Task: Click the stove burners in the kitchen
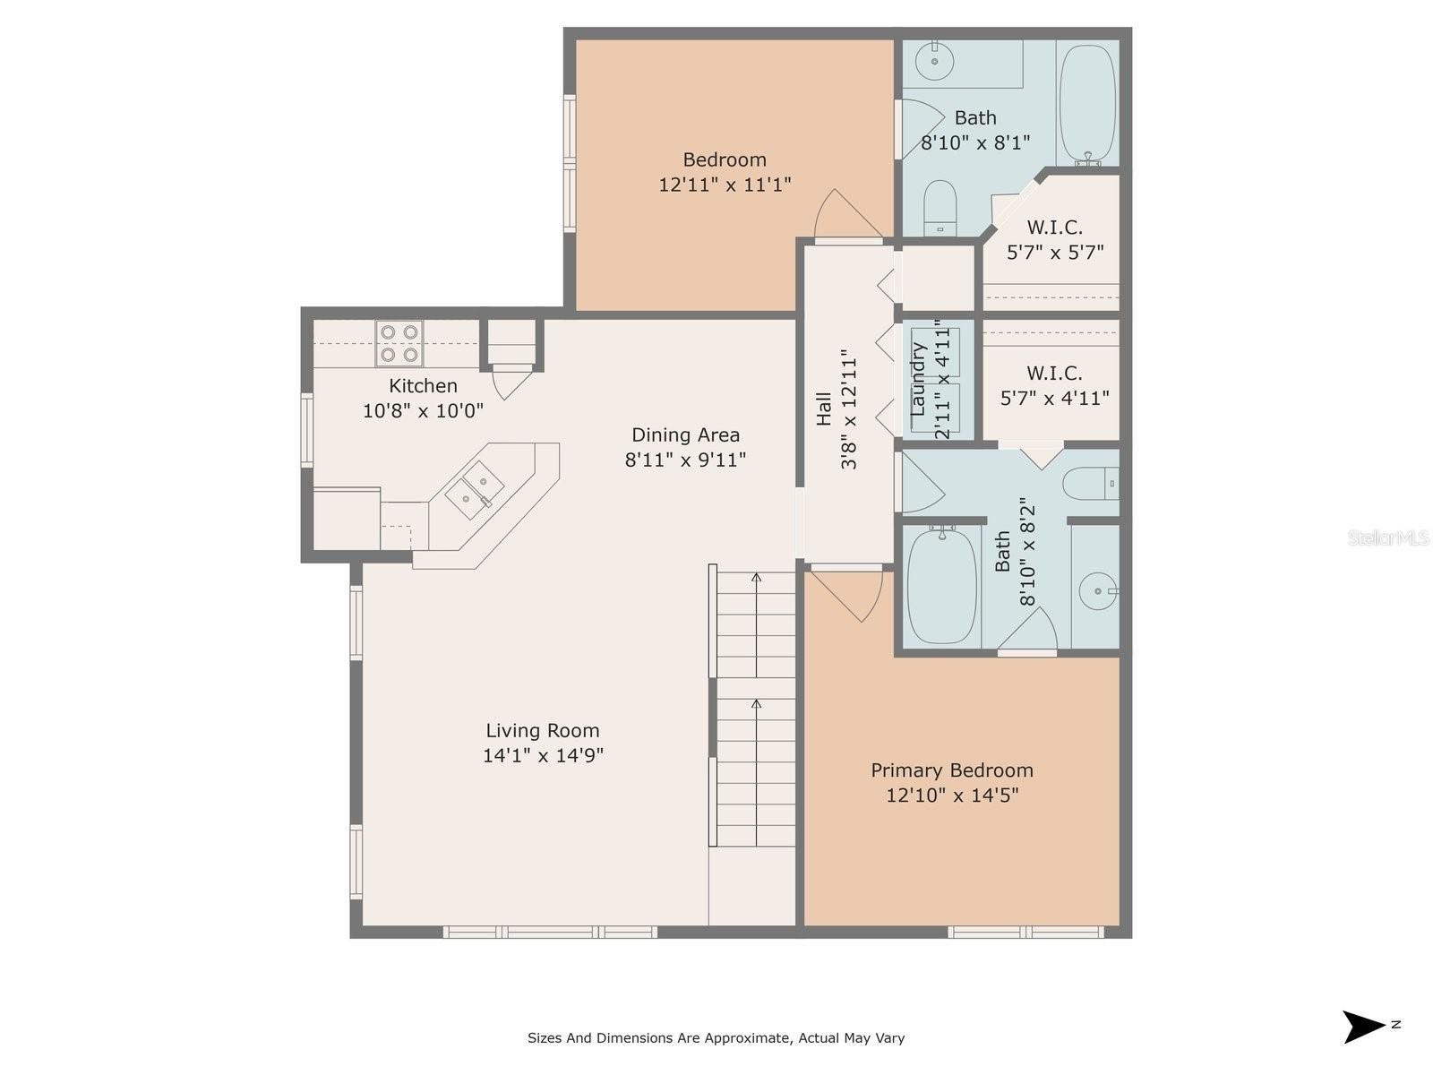click(x=399, y=343)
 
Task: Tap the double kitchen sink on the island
click(x=475, y=489)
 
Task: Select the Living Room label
click(x=543, y=730)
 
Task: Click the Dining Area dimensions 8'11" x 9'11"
click(x=685, y=460)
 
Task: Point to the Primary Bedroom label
click(x=952, y=770)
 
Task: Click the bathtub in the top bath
click(x=1087, y=105)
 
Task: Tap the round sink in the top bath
click(x=934, y=61)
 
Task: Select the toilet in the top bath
click(x=940, y=208)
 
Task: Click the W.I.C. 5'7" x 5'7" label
click(x=1055, y=239)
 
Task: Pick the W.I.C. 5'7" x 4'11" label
click(x=1055, y=385)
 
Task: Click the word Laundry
click(x=918, y=379)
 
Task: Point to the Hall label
click(x=825, y=409)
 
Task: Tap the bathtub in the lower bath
click(x=942, y=588)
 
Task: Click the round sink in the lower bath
click(x=1098, y=591)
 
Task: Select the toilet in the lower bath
click(x=1091, y=484)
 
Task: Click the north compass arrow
click(x=1362, y=1028)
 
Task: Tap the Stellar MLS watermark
click(x=1388, y=537)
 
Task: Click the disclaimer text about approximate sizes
click(x=716, y=1037)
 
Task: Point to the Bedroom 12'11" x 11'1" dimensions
click(x=725, y=185)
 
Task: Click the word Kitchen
click(x=423, y=386)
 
